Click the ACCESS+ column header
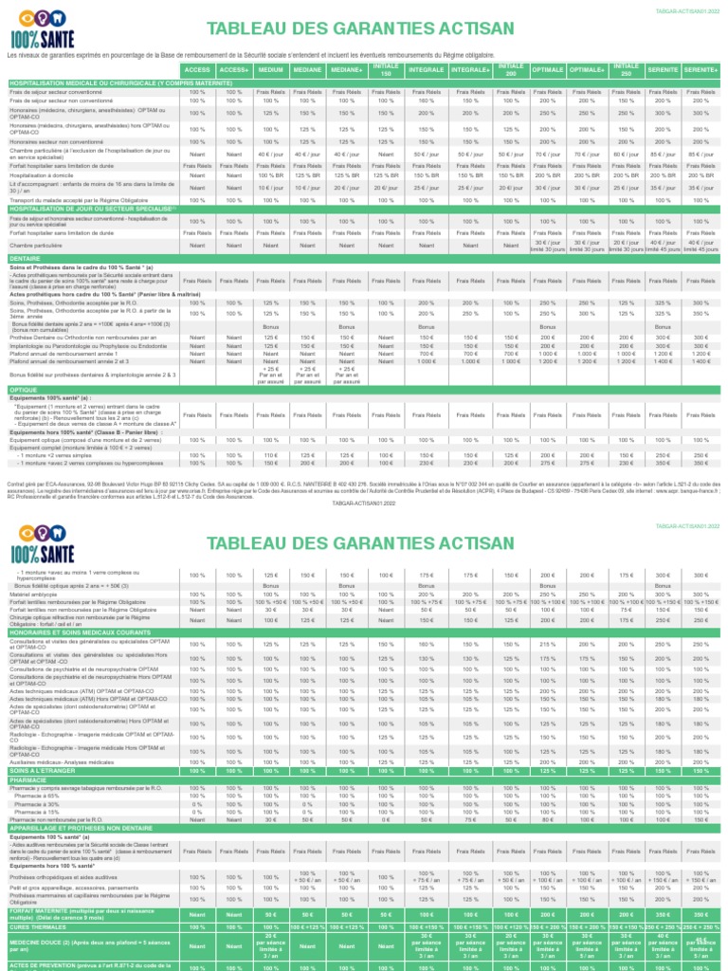point(233,71)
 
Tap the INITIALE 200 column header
point(510,71)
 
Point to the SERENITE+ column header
point(701,71)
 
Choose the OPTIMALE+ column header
point(589,71)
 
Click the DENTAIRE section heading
point(26,257)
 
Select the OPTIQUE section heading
point(24,390)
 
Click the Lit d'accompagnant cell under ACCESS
point(197,188)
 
